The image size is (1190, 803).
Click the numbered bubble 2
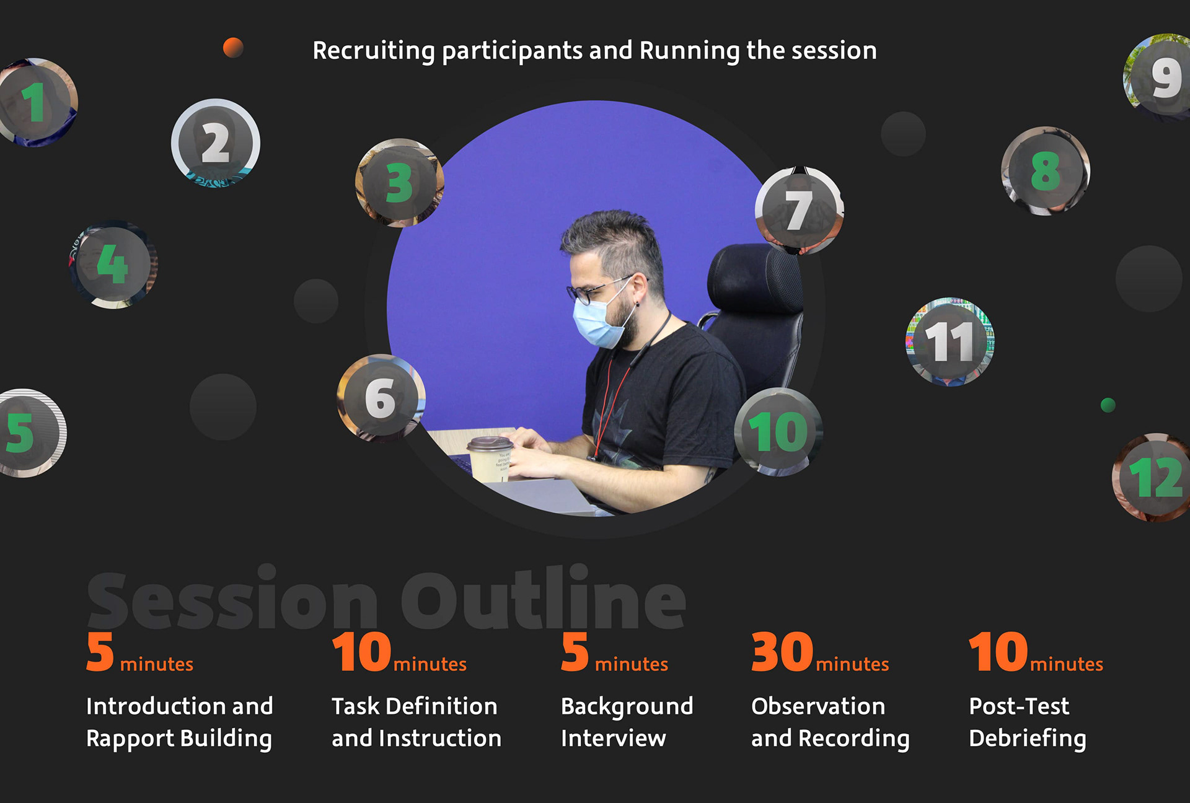click(x=216, y=143)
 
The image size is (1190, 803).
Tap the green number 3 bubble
click(x=400, y=183)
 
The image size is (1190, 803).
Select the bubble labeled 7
click(x=800, y=211)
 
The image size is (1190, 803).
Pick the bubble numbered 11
click(x=950, y=342)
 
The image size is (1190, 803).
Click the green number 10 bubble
click(x=779, y=432)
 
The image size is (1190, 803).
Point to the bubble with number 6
click(x=381, y=398)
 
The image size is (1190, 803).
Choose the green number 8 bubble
click(x=1046, y=171)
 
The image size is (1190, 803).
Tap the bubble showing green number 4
click(x=113, y=265)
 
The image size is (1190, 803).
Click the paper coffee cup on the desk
click(x=490, y=459)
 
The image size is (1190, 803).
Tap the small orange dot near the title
click(x=233, y=48)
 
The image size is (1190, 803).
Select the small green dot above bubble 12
click(x=1108, y=405)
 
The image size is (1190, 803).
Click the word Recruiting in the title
click(x=374, y=51)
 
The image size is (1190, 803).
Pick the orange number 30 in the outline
click(x=782, y=652)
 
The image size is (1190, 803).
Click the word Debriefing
click(x=1028, y=739)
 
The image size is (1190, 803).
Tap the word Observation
click(x=818, y=706)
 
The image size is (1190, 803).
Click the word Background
click(x=627, y=707)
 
